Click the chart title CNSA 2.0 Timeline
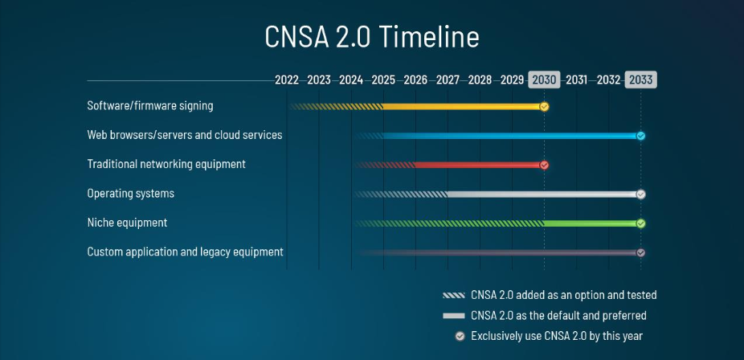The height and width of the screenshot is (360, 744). tap(372, 37)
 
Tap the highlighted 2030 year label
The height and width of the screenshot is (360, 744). tap(544, 80)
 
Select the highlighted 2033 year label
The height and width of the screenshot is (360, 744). tap(640, 80)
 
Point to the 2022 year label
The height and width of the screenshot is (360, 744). tap(287, 80)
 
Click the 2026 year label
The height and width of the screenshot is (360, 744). tap(415, 80)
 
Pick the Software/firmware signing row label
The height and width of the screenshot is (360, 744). tap(150, 105)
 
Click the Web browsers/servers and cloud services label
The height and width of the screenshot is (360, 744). tap(185, 135)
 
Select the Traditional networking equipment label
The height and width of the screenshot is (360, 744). tap(166, 164)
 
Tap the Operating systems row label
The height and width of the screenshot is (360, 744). tap(131, 194)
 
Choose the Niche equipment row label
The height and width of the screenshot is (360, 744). tap(127, 223)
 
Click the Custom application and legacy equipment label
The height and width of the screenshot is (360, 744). tap(185, 252)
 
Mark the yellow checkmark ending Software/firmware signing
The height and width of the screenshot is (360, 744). tap(544, 106)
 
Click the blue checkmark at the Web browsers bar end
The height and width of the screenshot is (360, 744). tap(640, 136)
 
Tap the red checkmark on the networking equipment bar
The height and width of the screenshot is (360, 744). tap(544, 165)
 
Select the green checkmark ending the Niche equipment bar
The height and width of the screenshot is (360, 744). tap(640, 223)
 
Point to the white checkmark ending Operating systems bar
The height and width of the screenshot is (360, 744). tap(640, 194)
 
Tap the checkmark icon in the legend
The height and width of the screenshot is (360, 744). tap(460, 336)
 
